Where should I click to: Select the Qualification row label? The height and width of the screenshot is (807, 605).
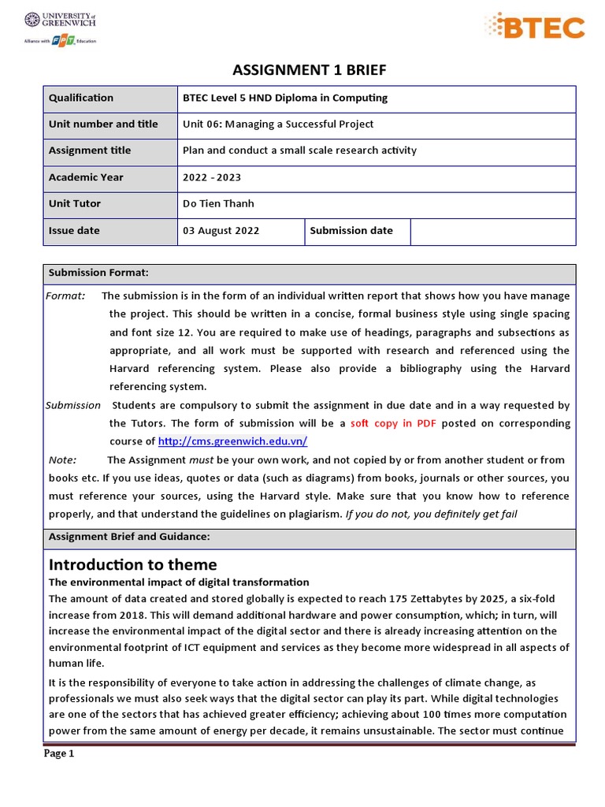pos(81,98)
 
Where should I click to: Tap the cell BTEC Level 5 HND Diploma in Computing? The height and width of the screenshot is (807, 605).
pos(284,98)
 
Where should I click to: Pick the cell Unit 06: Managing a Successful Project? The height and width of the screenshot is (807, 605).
pos(278,124)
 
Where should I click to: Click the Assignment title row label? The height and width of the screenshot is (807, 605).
pos(90,151)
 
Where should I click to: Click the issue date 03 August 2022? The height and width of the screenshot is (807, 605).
pos(221,231)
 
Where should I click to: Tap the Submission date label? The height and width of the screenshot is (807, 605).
pos(351,230)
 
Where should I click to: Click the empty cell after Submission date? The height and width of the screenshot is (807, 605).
pos(492,231)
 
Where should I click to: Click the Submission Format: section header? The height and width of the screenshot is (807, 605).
pos(98,273)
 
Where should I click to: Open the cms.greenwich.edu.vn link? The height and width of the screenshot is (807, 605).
pos(232,441)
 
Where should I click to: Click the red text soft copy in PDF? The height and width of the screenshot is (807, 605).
pos(394,423)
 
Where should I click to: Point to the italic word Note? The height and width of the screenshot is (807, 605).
pos(62,459)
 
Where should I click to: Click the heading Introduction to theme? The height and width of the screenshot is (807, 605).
pos(132,564)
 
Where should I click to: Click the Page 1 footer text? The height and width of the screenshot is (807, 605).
pos(58,753)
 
